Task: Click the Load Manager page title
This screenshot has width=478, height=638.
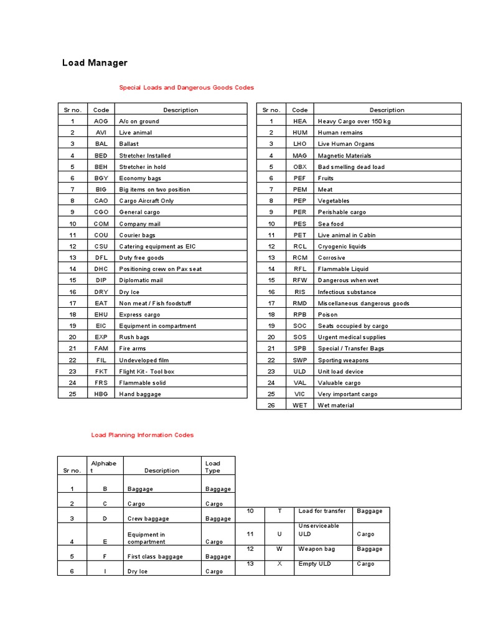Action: point(95,63)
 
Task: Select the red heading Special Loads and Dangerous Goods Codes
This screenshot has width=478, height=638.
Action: point(186,88)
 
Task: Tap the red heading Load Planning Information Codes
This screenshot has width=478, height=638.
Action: point(143,435)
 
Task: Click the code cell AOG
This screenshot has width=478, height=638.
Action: point(101,121)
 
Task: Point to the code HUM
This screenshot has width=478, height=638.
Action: point(300,133)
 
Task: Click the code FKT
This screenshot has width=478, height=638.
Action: point(101,371)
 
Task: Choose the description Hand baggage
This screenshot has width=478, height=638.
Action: point(140,394)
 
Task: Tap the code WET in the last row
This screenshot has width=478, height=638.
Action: point(300,406)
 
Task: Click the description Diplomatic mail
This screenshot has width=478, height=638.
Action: point(141,280)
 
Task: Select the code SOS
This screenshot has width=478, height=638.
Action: point(300,337)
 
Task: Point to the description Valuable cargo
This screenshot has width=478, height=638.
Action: point(339,383)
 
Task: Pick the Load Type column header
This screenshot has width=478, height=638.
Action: point(213,467)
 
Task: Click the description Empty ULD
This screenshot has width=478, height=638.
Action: point(315,564)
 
